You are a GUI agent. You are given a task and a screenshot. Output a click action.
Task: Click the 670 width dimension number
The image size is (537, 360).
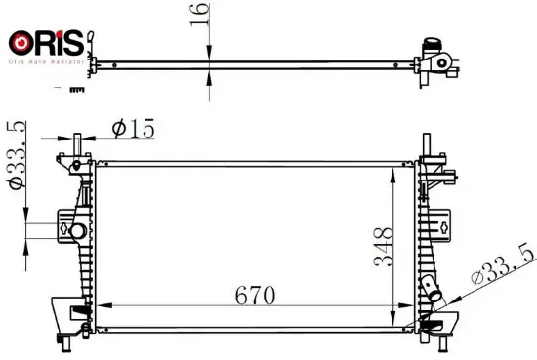(x=255, y=296)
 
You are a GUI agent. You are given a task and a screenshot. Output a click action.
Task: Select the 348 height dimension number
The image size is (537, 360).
(x=383, y=247)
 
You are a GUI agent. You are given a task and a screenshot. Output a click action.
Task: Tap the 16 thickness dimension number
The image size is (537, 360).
(x=199, y=14)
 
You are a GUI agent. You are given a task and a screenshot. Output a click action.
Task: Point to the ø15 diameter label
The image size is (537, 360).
(x=133, y=129)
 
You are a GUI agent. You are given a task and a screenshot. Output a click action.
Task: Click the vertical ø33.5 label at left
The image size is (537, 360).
(x=17, y=155)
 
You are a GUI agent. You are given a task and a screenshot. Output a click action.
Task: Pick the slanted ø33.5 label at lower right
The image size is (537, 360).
(x=503, y=263)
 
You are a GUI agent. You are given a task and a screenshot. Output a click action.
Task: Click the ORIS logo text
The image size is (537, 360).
(x=46, y=43)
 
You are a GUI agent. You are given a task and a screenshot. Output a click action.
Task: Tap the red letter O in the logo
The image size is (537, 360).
(x=21, y=43)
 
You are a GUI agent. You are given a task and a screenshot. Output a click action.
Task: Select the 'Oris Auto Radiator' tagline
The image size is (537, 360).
(x=46, y=61)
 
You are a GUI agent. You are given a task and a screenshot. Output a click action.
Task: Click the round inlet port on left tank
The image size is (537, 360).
(x=77, y=231)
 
